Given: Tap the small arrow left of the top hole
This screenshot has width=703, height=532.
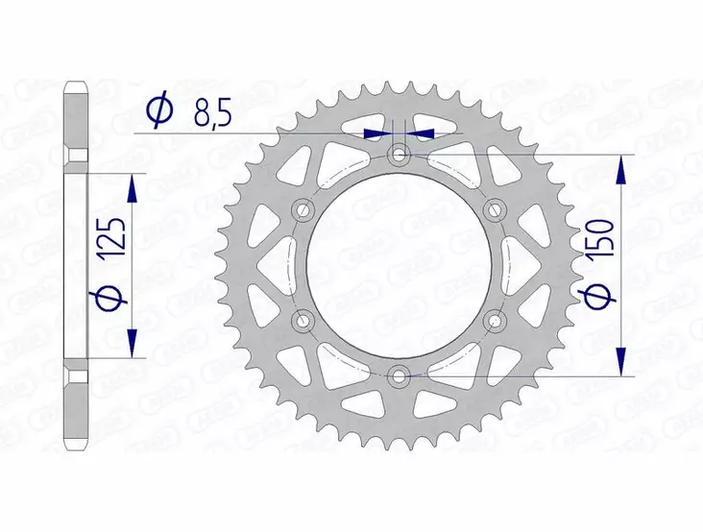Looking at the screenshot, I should coord(377,133).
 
